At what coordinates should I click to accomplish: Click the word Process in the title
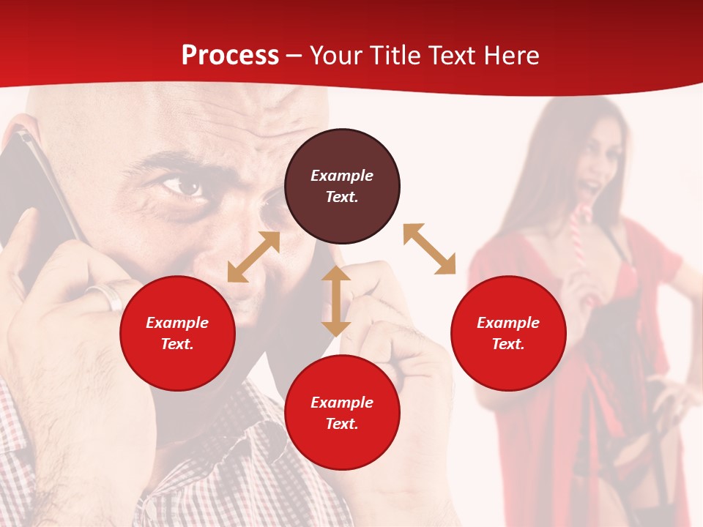click(x=230, y=56)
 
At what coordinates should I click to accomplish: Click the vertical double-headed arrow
click(x=336, y=301)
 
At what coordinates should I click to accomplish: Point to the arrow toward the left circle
click(x=253, y=257)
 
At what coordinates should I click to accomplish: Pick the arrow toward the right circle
click(x=430, y=249)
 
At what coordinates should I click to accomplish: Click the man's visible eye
click(x=183, y=186)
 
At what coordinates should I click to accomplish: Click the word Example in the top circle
click(x=342, y=176)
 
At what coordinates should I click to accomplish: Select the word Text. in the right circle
click(x=508, y=344)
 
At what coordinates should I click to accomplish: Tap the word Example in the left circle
click(x=177, y=323)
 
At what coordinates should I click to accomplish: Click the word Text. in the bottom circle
click(x=342, y=424)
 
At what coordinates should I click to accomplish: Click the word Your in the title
click(x=333, y=56)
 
